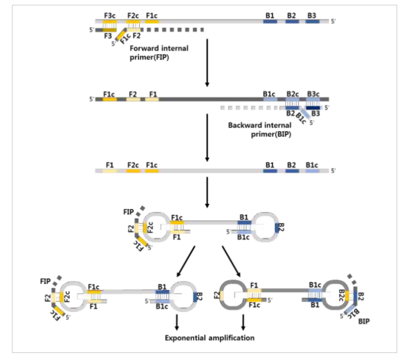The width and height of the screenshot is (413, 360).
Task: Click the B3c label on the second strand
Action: [313, 94]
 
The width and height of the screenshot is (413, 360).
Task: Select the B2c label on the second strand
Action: [293, 94]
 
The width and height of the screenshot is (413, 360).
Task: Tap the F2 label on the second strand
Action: [133, 94]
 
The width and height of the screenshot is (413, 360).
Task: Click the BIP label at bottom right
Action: [364, 320]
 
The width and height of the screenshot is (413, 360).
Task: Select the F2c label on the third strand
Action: [133, 165]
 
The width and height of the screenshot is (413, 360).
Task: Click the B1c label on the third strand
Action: [311, 165]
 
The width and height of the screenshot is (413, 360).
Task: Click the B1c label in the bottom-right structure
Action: [315, 285]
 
